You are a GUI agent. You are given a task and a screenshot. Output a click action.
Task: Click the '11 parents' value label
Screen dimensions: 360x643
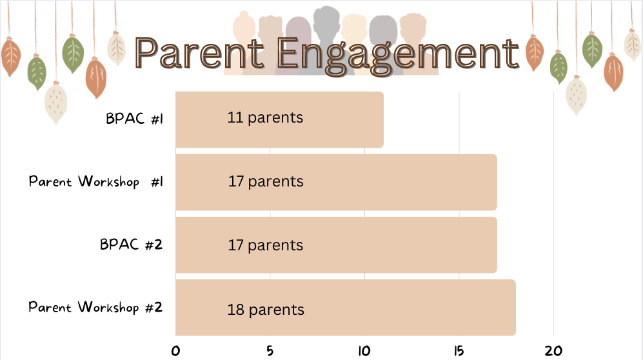pos(265,118)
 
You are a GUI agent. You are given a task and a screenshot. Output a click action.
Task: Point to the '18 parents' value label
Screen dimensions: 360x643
pos(266,310)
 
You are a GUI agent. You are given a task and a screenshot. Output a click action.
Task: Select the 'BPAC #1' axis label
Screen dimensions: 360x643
pos(134,119)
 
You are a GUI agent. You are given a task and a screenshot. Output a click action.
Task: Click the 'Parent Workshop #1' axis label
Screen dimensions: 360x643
pos(95,181)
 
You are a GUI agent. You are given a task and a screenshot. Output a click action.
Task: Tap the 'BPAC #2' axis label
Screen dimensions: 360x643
pos(131,245)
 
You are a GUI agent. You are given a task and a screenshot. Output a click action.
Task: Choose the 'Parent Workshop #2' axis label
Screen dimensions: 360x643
pos(95,307)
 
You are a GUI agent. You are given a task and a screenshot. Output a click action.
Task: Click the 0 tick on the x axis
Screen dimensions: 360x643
pos(176,351)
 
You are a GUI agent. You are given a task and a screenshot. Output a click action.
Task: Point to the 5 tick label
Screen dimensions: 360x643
pos(270,351)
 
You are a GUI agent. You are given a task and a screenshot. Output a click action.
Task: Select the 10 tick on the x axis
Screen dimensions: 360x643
pos(364,351)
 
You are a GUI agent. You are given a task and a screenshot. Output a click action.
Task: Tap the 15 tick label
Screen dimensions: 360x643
pos(459,351)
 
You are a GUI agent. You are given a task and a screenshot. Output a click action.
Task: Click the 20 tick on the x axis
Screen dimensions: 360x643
pos(553,351)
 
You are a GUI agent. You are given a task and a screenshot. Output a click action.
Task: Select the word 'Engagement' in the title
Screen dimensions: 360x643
pos(397,54)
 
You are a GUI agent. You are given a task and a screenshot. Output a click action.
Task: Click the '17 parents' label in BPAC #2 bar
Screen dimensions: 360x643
pos(266,246)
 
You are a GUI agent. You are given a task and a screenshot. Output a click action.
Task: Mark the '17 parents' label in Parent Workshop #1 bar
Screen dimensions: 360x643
pos(266,182)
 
